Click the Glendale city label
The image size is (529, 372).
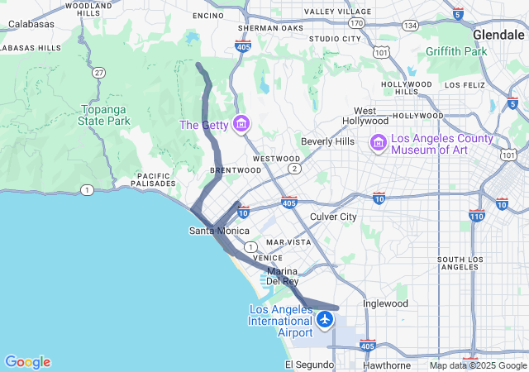499,35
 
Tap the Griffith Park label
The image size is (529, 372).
456,51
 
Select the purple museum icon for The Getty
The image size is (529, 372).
241,125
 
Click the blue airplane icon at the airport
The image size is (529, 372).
326,319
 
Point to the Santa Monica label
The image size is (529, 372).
219,231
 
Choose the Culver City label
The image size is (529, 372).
332,217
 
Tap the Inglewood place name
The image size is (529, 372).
386,303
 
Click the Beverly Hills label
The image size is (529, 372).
327,141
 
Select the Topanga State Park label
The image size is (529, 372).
104,115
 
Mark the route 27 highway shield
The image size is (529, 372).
99,73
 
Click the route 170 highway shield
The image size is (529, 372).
355,24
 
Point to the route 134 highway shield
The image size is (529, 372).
409,25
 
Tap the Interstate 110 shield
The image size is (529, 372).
476,217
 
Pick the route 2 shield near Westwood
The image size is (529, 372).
293,169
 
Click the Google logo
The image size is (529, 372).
27,362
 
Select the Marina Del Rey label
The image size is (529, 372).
282,276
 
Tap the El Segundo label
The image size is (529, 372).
307,365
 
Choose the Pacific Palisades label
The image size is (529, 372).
155,180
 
